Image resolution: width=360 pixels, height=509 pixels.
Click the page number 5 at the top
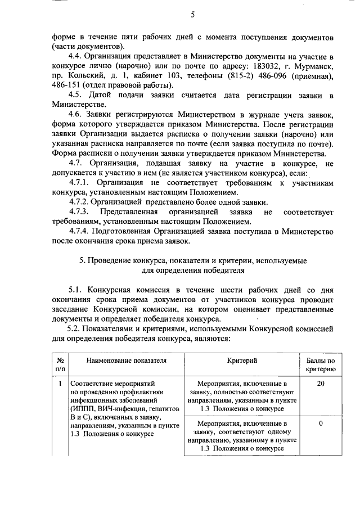click(192, 15)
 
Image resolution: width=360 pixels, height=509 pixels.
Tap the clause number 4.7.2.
click(78, 201)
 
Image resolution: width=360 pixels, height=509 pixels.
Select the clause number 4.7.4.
click(78, 231)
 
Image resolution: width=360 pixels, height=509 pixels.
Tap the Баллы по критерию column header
click(321, 364)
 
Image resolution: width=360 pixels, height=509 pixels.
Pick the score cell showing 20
click(321, 384)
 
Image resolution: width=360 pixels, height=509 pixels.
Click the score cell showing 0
click(321, 423)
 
